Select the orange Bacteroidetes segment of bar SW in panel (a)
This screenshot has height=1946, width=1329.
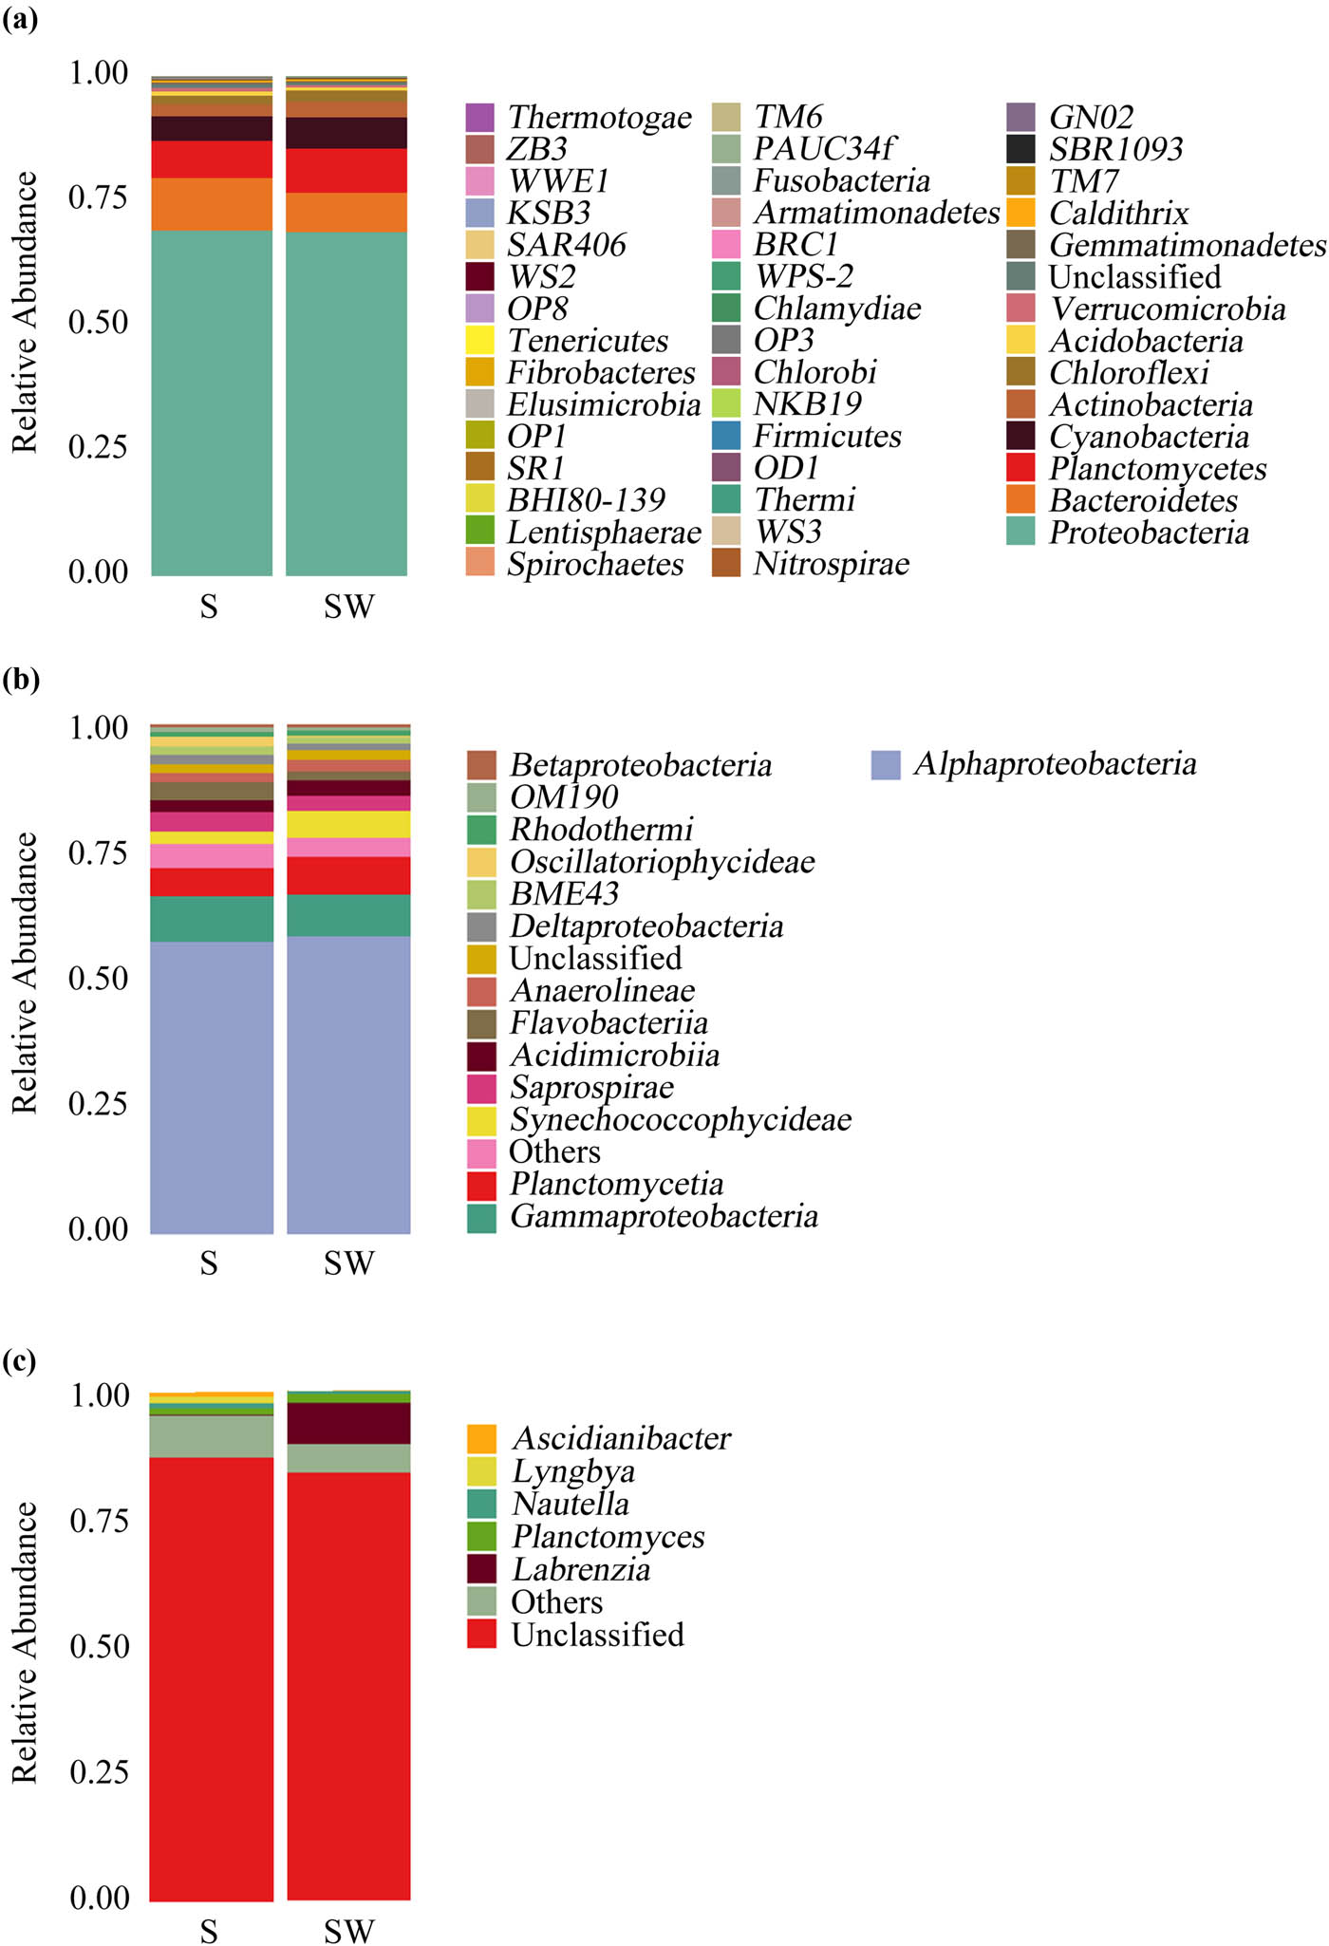(346, 213)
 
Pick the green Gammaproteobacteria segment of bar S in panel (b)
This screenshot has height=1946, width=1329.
(212, 919)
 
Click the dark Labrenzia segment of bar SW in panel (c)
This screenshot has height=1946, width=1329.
(348, 1423)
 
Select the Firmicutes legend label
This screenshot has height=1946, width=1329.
(827, 436)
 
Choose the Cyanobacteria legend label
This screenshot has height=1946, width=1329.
(1149, 437)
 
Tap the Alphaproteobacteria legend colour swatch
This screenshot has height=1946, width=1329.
(886, 765)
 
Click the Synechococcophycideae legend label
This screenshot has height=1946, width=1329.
(681, 1119)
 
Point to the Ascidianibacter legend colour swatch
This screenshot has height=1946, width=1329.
(481, 1438)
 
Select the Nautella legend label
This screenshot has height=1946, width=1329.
(571, 1504)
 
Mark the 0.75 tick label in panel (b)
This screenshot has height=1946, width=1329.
(98, 852)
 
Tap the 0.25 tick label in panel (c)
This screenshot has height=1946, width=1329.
(98, 1771)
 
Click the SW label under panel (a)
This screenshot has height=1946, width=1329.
(348, 607)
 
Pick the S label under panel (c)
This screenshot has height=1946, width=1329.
(209, 1930)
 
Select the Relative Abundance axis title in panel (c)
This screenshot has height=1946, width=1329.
(25, 1643)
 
